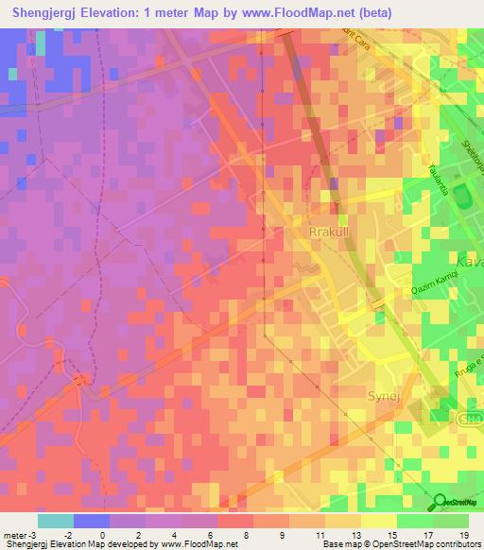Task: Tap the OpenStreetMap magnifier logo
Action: pyautogui.click(x=441, y=502)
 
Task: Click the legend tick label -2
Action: pyautogui.click(x=80, y=535)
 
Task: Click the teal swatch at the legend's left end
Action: pyautogui.click(x=56, y=521)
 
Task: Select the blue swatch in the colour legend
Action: pyautogui.click(x=92, y=521)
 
